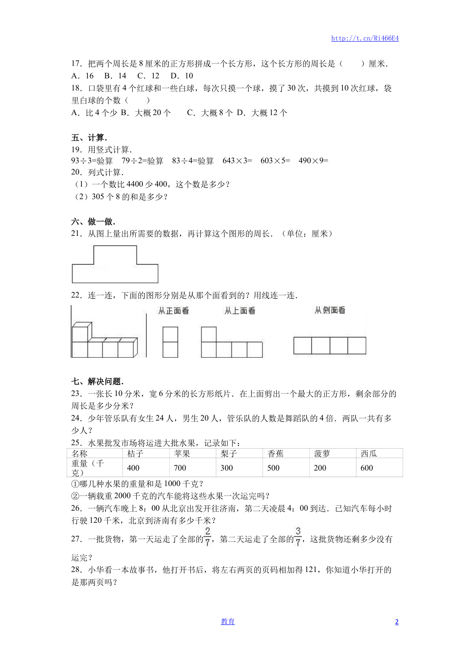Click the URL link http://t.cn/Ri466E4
click(365, 38)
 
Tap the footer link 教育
click(228, 621)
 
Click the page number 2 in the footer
click(397, 622)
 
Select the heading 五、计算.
click(89, 138)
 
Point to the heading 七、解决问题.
click(97, 381)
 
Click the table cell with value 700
click(180, 468)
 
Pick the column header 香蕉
click(275, 454)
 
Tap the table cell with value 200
click(320, 468)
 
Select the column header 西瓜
click(369, 454)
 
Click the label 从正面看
click(173, 311)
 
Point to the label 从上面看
click(240, 311)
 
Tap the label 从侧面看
click(330, 310)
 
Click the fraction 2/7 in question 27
click(208, 537)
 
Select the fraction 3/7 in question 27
click(298, 537)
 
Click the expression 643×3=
click(237, 161)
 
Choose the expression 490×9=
click(313, 161)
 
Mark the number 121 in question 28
click(311, 570)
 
